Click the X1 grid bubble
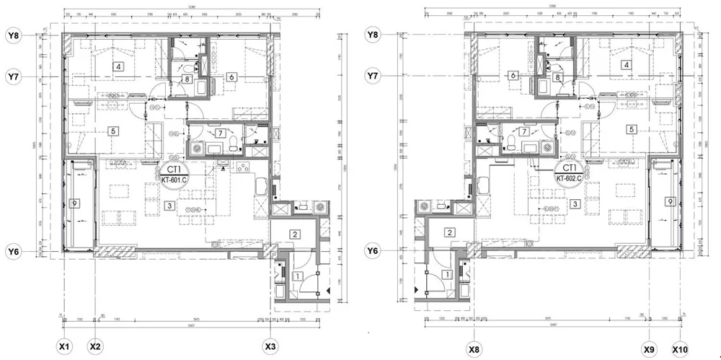pos(64,347)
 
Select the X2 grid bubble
pos(95,347)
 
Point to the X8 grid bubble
pos(474,350)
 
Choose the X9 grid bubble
pos(649,350)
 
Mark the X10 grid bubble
pos(680,350)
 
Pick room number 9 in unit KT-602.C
pos(670,201)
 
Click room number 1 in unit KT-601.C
pos(298,275)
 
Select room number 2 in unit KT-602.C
pos(449,232)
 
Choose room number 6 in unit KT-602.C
pos(513,76)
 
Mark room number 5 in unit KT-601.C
pos(113,131)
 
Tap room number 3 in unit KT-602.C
pos(575,204)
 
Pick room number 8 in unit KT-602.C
pos(557,77)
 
